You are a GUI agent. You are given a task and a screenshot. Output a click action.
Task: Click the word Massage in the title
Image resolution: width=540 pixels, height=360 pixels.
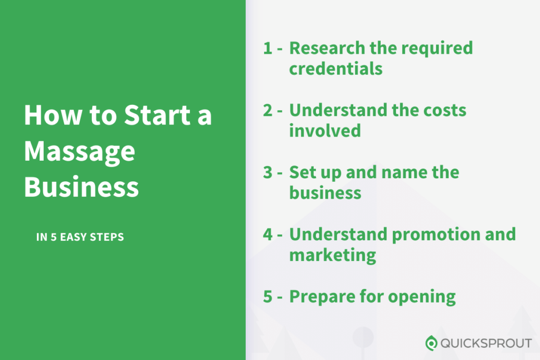80,152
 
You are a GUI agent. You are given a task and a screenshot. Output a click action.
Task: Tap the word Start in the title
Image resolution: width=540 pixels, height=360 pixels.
157,114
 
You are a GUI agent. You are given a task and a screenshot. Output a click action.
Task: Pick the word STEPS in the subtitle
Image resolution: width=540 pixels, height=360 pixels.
107,237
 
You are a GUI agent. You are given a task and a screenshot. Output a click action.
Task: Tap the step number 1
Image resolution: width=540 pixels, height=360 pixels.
267,48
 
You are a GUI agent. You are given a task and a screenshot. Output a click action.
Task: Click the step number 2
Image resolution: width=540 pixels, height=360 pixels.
268,110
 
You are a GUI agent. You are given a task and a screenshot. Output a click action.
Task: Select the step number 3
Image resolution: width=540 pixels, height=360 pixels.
268,172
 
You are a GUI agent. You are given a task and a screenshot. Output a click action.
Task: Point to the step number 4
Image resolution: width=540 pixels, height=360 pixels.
268,235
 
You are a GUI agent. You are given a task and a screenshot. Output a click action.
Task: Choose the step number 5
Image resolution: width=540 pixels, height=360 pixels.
268,297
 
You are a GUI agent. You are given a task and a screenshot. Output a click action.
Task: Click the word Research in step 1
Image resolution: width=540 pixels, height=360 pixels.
327,48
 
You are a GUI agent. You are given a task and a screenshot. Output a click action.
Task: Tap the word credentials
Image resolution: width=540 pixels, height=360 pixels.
336,69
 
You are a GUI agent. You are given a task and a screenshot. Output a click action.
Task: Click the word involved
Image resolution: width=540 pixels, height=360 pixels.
325,131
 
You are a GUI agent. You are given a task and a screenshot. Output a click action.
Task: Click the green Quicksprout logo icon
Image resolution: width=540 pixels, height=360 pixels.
431,343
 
